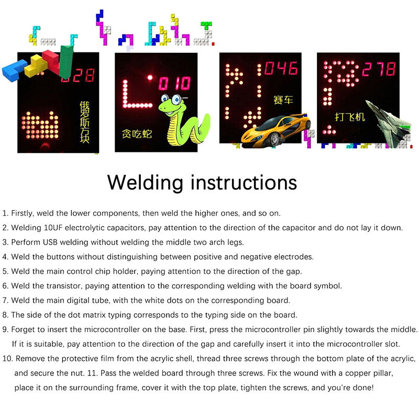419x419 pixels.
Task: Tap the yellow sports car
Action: click(276, 131)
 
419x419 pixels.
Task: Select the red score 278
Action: click(379, 69)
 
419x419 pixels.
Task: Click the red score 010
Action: click(175, 83)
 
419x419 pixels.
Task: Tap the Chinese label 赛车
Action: click(283, 100)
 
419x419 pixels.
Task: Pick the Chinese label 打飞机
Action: click(350, 117)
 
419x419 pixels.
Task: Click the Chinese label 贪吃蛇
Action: click(137, 134)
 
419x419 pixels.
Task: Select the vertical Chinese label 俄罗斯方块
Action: click(84, 122)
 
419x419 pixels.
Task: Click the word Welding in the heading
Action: click(145, 183)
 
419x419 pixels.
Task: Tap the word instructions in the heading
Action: click(244, 183)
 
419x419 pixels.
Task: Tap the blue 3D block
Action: click(14, 70)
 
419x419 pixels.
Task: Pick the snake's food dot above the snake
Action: click(150, 78)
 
